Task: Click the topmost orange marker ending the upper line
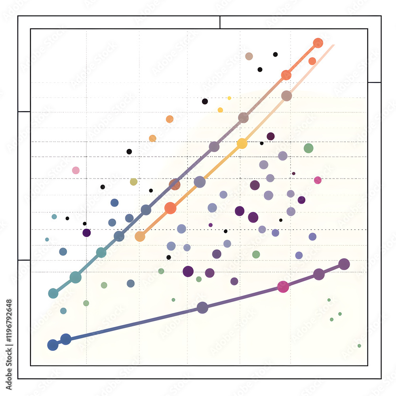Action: (318, 43)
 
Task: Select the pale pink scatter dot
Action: (76, 170)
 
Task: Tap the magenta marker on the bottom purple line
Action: (283, 287)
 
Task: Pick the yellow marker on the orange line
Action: (242, 143)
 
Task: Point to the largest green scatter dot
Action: (308, 148)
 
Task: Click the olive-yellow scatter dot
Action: (133, 182)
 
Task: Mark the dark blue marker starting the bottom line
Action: (53, 345)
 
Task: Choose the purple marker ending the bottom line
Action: (344, 264)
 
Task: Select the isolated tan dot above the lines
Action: (249, 56)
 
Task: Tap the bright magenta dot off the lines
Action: (318, 180)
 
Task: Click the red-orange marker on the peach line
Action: (170, 208)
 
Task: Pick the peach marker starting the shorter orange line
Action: (140, 236)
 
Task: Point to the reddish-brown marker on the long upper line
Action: (175, 184)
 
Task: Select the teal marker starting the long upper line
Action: (53, 293)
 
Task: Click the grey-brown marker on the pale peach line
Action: (287, 95)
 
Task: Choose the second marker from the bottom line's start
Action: (66, 339)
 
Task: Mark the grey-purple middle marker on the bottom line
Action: (202, 307)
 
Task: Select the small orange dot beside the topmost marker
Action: (312, 61)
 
